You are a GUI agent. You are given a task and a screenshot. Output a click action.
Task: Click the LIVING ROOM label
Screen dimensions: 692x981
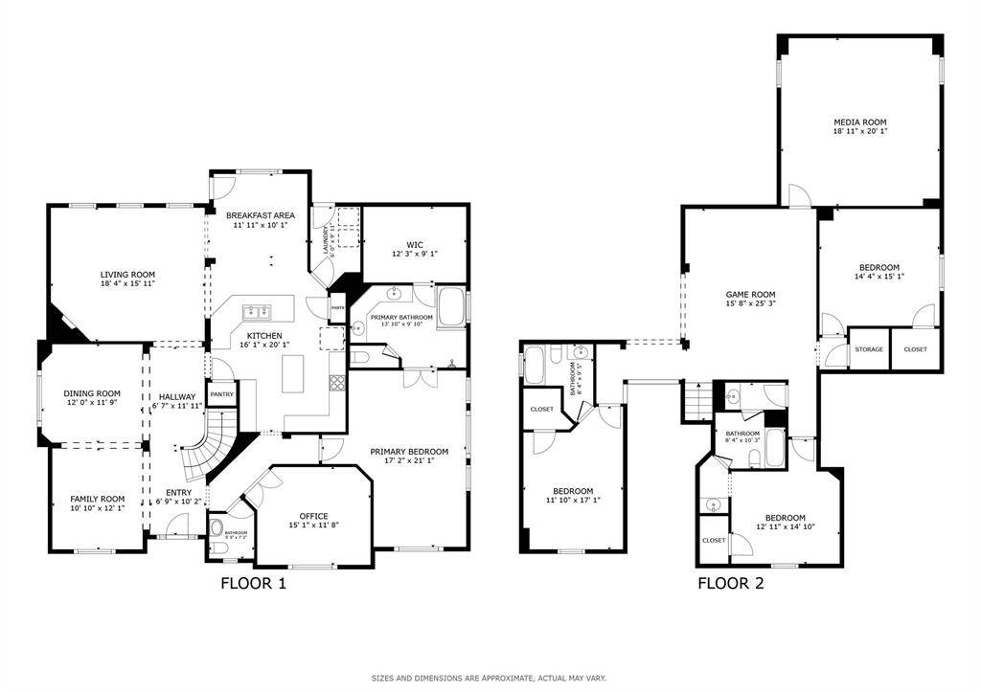128,274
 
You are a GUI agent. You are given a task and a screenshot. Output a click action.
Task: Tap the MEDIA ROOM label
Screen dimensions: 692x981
859,122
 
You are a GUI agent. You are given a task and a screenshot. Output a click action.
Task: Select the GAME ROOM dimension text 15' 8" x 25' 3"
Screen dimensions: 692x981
749,305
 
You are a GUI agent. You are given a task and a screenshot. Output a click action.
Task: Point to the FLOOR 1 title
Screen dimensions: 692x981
253,582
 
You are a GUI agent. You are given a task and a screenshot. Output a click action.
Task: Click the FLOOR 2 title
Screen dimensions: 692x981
730,582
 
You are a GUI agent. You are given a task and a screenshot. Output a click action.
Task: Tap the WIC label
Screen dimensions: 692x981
415,243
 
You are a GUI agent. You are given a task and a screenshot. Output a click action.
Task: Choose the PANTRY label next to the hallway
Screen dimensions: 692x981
221,393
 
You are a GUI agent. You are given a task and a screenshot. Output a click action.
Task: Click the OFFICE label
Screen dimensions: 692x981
313,516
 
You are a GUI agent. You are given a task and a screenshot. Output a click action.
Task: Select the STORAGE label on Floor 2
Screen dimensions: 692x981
869,349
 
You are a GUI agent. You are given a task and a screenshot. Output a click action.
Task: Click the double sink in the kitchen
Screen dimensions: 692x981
257,311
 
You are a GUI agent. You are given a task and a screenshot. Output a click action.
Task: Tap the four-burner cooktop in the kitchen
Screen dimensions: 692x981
337,384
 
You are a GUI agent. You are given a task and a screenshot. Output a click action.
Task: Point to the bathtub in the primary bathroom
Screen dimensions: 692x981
450,309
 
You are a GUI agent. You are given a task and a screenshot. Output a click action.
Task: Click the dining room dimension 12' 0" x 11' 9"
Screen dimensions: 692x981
92,403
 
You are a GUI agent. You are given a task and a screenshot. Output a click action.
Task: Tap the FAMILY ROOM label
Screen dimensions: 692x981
98,499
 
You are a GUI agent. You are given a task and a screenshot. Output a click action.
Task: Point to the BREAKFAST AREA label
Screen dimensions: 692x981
261,215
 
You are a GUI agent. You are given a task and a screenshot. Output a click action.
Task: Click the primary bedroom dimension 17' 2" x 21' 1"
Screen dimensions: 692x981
409,460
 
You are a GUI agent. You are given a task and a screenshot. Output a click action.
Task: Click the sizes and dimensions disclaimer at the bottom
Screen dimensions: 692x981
489,678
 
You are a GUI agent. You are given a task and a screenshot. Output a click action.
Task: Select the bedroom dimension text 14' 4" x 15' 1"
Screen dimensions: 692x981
878,277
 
